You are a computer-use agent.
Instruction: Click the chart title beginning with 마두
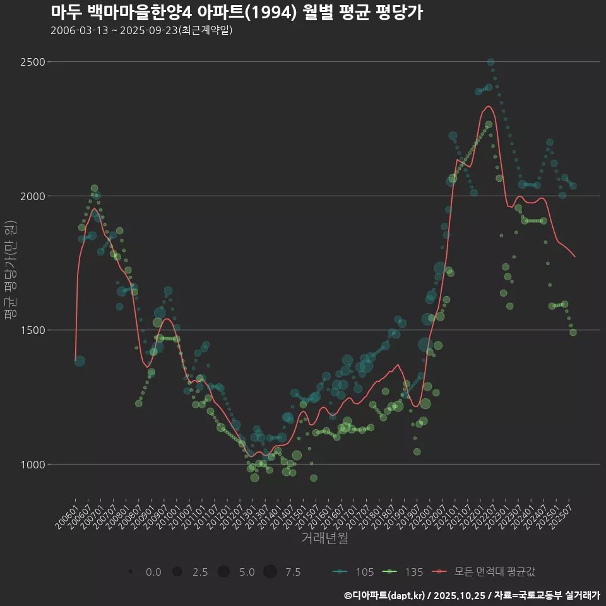(x=237, y=12)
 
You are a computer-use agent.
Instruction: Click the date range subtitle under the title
(x=141, y=30)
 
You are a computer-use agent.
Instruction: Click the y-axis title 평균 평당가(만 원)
(x=9, y=270)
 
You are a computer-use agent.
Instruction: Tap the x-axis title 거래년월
(x=324, y=538)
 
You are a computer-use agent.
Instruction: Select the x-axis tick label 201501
(x=295, y=514)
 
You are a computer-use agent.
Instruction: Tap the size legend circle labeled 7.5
(x=270, y=572)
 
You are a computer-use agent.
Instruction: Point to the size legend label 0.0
(x=153, y=572)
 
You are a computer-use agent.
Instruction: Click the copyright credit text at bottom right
(x=472, y=595)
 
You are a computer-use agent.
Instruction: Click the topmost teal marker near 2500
(x=490, y=62)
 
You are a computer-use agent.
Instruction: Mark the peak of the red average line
(x=487, y=106)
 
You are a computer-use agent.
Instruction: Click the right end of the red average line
(x=575, y=256)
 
